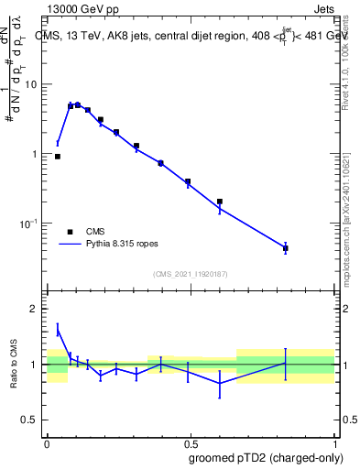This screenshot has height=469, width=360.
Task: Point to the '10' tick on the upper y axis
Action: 31,84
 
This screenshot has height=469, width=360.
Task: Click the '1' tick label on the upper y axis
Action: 35,154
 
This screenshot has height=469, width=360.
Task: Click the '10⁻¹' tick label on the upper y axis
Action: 30,224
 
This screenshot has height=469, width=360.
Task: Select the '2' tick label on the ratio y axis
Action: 35,309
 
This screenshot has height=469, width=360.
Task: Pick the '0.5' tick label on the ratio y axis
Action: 30,420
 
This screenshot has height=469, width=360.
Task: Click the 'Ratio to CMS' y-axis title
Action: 13,365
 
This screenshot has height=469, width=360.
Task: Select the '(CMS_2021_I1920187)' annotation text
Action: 190,274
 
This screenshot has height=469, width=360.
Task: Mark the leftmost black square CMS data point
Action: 57,157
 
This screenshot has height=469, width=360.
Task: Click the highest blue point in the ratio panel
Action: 57,331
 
